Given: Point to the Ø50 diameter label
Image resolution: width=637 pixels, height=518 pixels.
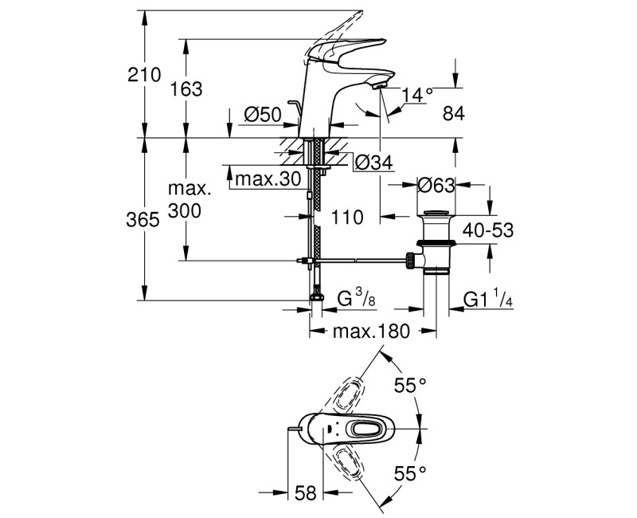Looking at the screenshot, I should [263, 116].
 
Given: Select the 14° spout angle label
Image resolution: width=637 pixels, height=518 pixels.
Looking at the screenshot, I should [417, 95].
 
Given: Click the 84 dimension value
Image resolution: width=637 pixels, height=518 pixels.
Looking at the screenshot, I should [453, 114].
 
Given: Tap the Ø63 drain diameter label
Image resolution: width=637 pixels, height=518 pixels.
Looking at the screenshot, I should [436, 186].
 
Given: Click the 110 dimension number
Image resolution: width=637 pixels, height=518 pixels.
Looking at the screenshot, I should [347, 217].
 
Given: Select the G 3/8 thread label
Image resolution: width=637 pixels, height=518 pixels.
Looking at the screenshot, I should [355, 300].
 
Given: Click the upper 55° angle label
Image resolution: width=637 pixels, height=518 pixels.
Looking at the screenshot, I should [411, 387].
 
